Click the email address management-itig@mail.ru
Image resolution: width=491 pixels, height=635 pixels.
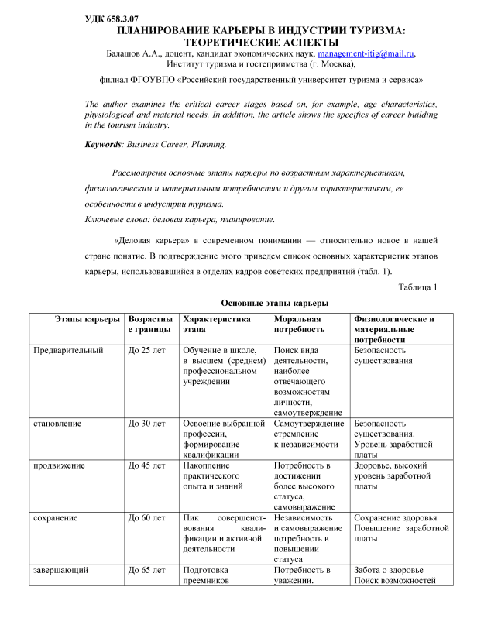pyautogui.click(x=366, y=53)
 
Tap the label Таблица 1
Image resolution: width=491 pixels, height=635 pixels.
pyautogui.click(x=417, y=287)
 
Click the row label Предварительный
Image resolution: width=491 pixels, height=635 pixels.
pyautogui.click(x=68, y=350)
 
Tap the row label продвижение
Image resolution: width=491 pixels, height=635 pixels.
pyautogui.click(x=58, y=465)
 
